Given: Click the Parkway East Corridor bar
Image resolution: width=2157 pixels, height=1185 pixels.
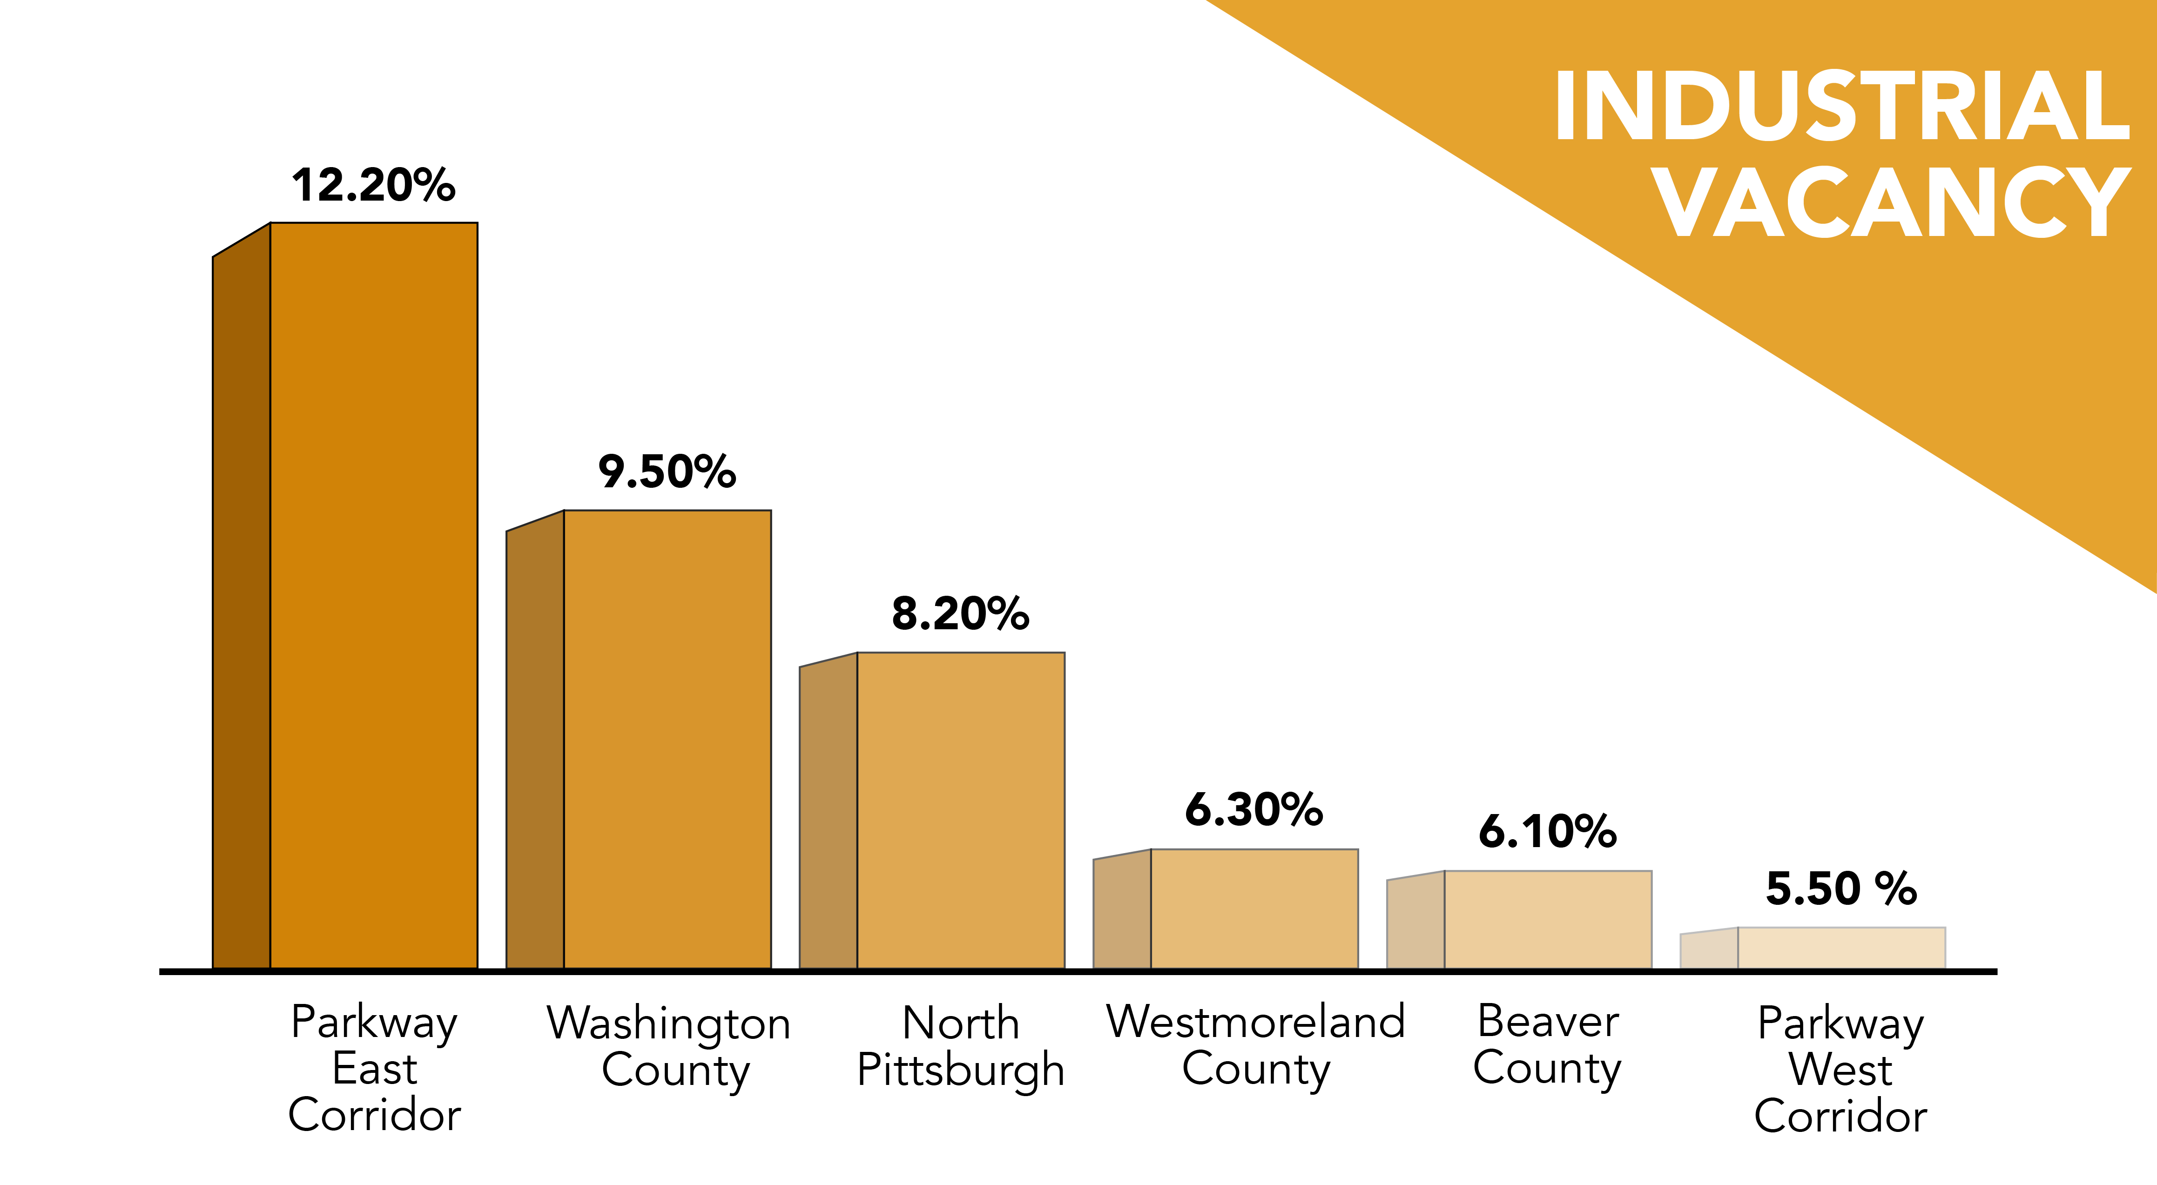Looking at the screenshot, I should coord(373,594).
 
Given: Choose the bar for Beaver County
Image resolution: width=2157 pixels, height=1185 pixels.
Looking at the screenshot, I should coord(1547,920).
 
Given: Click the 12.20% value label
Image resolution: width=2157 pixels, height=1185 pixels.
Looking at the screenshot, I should coord(373,185).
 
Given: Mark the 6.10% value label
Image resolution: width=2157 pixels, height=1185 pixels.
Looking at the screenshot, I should coord(1547,832).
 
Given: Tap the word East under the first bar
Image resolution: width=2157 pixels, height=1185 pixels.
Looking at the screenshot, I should coord(374,1069).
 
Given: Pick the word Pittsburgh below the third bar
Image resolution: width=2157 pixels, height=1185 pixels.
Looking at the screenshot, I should coord(960,1070).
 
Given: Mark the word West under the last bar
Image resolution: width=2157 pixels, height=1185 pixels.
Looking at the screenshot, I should coord(1840,1070).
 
